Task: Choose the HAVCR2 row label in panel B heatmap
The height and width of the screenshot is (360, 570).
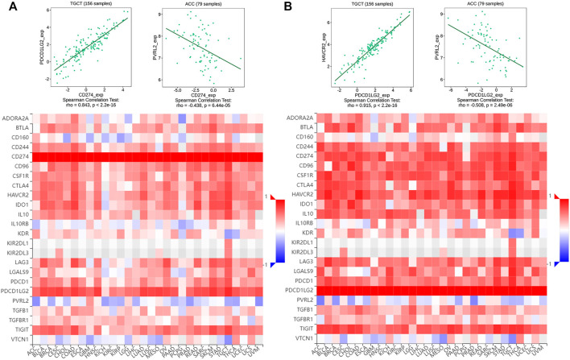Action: click(x=304, y=195)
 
